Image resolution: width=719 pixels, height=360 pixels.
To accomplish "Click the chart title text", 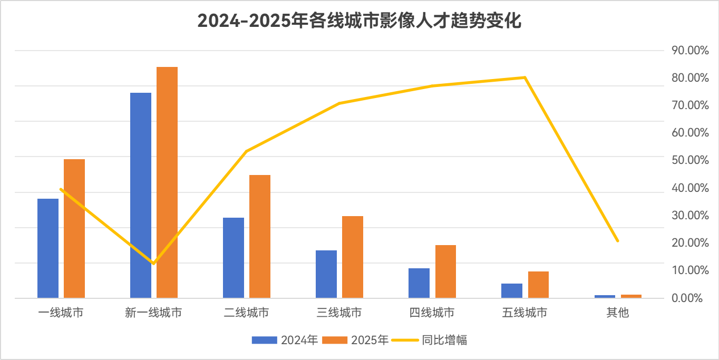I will click(359, 21).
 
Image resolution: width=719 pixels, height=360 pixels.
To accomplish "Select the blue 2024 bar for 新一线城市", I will click(141, 195).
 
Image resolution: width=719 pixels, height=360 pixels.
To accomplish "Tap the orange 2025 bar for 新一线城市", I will click(167, 182).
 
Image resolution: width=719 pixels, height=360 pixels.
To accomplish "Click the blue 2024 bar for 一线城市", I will click(48, 248).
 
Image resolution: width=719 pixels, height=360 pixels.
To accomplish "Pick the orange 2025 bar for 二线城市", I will click(260, 236).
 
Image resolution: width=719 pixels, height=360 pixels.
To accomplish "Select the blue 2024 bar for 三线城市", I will click(326, 274).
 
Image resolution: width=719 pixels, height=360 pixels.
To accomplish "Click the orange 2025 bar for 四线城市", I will click(445, 271).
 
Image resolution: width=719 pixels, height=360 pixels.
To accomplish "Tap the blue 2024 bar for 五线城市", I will click(512, 290).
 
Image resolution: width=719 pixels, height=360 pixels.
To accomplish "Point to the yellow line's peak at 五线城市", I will click(524, 77).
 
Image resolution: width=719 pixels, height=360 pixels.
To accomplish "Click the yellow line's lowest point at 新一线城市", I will click(153, 263).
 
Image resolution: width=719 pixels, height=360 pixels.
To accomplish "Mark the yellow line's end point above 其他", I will click(617, 241).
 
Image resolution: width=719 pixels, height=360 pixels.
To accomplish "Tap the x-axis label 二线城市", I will click(246, 313).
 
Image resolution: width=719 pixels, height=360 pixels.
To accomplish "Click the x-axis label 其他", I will click(617, 313).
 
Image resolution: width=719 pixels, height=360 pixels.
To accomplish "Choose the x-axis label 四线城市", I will click(432, 313).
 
